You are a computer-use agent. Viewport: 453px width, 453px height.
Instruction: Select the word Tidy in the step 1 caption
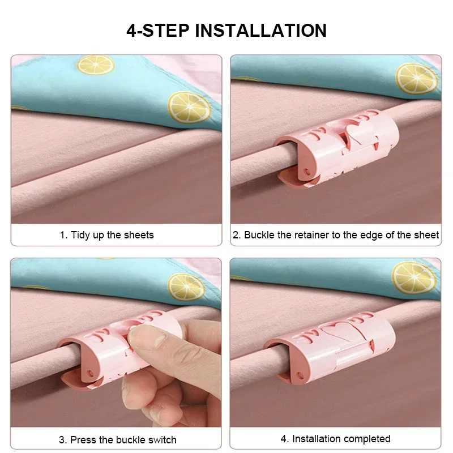pos(81,235)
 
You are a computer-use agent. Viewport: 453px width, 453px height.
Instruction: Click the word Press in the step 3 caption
pos(83,439)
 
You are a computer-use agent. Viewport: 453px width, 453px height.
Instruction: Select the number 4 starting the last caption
pos(283,439)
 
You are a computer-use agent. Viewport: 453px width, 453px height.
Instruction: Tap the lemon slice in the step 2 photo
pos(416,78)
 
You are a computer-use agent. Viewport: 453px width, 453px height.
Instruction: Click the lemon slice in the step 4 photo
pos(414,277)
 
